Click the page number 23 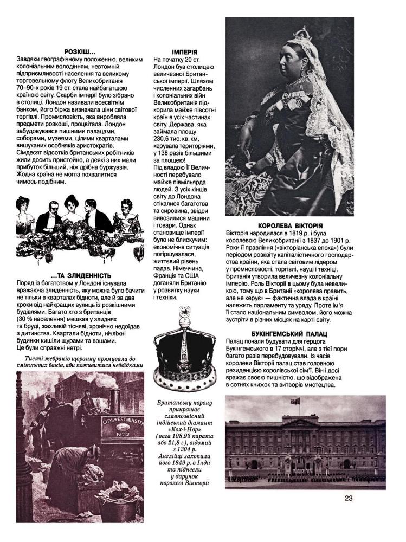349,498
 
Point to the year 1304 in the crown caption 183,449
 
